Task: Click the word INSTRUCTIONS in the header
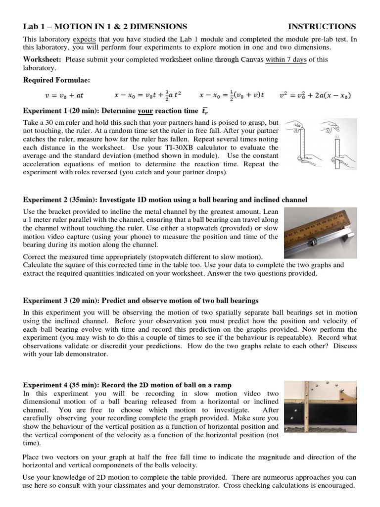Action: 322,27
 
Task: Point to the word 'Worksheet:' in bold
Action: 43,59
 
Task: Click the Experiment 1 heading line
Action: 116,111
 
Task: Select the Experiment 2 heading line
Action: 165,200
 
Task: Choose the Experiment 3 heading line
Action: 141,301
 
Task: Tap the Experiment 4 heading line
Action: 127,385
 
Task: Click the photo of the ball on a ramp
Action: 321,410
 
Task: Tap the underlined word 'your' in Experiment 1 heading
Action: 146,111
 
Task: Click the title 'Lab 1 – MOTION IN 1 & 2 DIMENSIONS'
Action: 105,27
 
